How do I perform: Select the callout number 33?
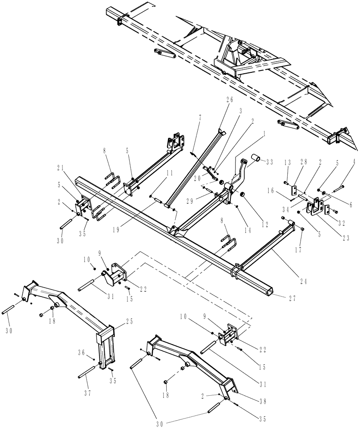[x=270, y=162]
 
